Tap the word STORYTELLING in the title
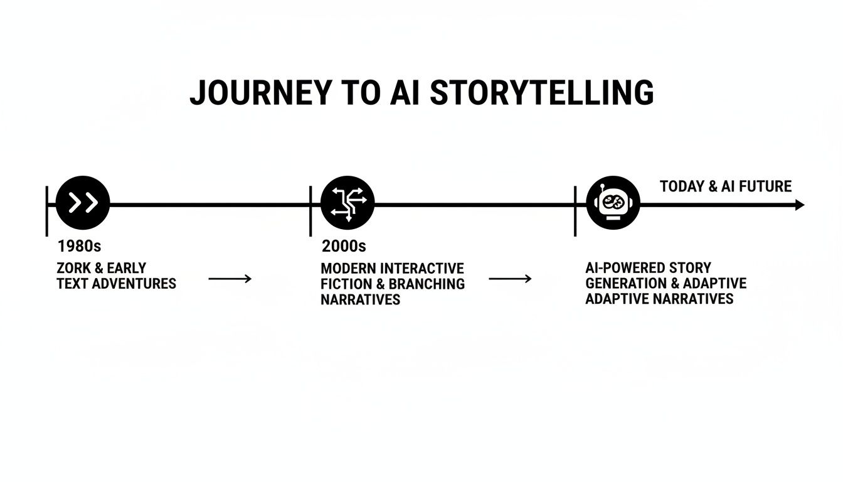542,93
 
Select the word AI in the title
404,93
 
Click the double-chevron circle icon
83,203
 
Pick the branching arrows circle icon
347,203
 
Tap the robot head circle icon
613,203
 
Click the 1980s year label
79,246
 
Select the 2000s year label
344,246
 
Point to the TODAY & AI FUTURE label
726,186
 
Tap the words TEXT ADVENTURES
116,284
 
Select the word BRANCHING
427,284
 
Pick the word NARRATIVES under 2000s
360,299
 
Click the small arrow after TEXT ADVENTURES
230,279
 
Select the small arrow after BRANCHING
510,279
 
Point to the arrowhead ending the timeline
799,205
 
